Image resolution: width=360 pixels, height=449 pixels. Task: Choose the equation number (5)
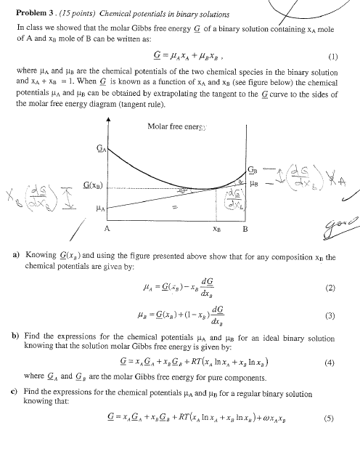point(332,438)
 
